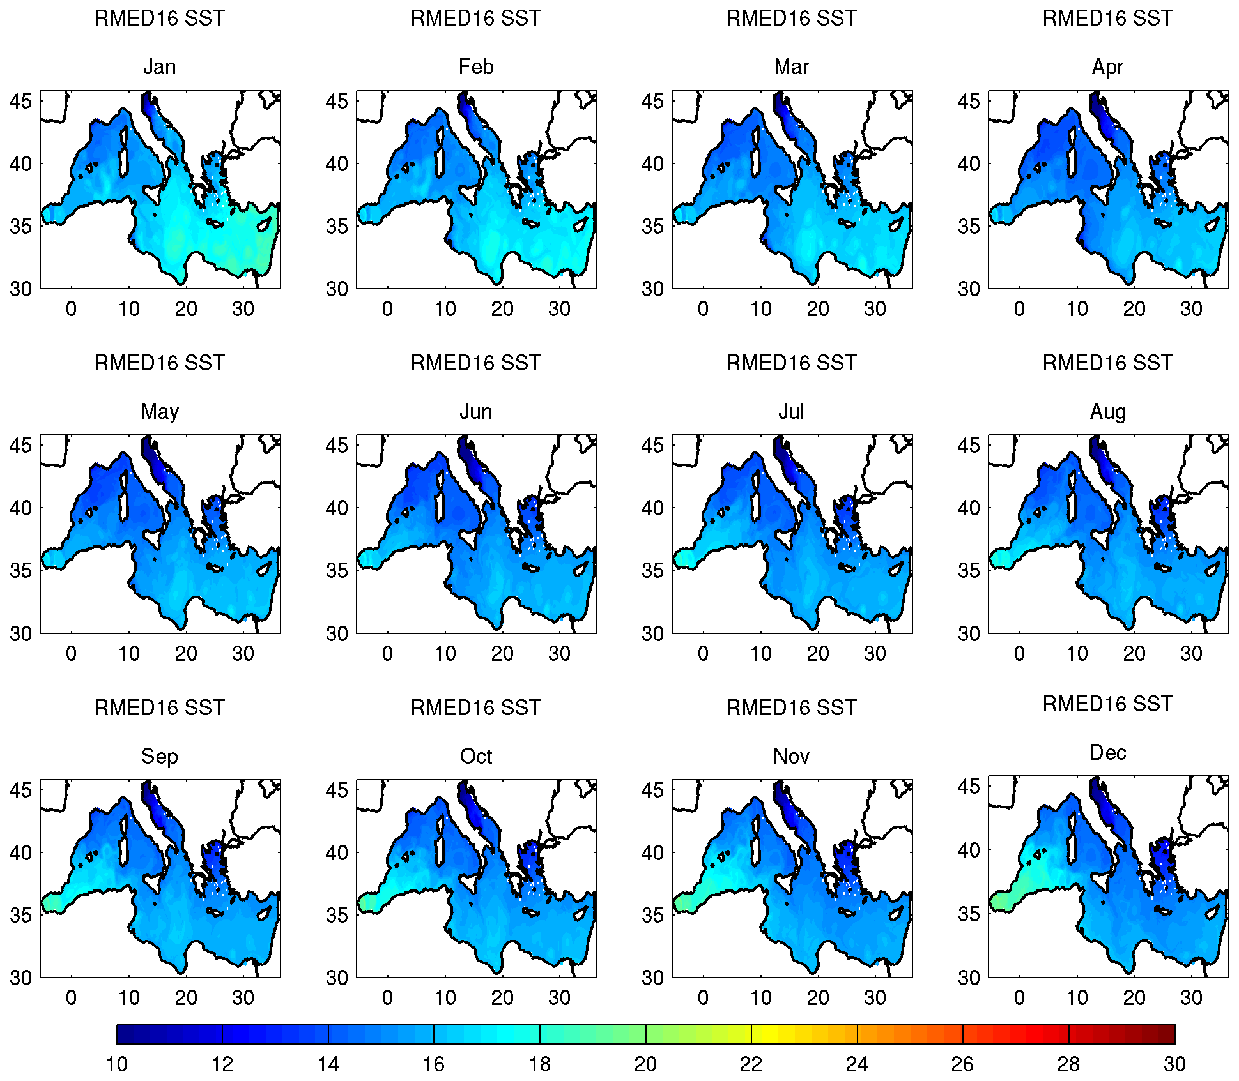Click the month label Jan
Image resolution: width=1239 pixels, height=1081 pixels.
pos(159,67)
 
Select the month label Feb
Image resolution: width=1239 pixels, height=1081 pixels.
pos(476,67)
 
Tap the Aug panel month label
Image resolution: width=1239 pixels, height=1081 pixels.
pos(1107,412)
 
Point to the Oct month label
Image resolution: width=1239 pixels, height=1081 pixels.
pos(476,757)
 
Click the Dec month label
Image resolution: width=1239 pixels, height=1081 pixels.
pos(1107,753)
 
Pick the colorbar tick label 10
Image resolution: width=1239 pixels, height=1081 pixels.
pos(117,1064)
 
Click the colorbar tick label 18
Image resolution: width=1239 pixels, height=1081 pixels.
pos(540,1064)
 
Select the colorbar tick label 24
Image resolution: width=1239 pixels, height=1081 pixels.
pos(857,1064)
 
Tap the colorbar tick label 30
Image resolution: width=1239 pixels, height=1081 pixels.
pos(1174,1064)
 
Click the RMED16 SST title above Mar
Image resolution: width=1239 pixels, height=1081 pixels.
pos(791,19)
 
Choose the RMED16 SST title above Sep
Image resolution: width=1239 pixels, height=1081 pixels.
pos(159,708)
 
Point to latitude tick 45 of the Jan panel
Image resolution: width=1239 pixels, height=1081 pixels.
pos(20,101)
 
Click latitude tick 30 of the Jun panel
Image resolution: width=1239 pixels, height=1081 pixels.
pos(337,633)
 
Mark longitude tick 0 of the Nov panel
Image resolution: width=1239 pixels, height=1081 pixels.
pos(703,998)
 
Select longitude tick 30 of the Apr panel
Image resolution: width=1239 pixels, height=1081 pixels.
pos(1191,309)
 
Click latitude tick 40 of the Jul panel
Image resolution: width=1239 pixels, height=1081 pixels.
pos(652,508)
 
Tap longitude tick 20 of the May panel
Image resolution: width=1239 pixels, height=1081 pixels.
pos(186,654)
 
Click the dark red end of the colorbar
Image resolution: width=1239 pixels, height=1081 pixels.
pos(1160,1034)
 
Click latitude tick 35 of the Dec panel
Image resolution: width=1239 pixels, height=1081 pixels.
pos(969,914)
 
